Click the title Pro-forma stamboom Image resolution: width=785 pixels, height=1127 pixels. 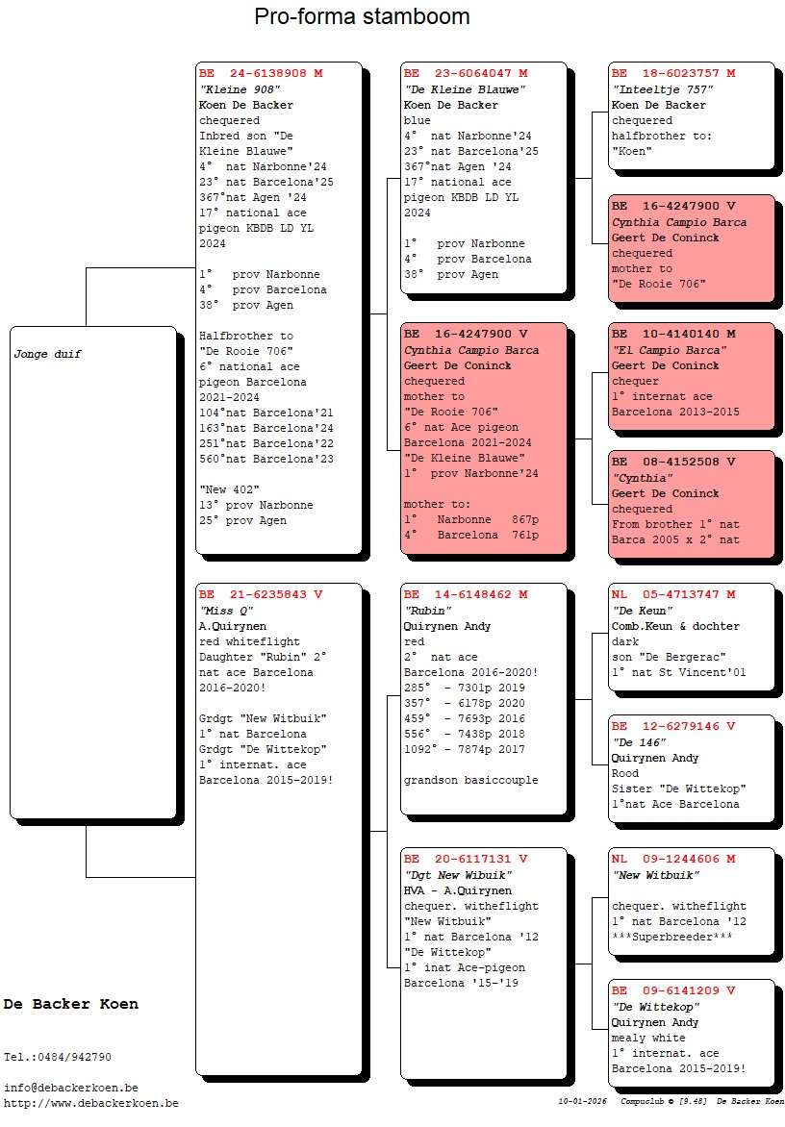tap(362, 16)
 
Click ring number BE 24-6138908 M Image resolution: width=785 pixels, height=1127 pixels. tap(261, 73)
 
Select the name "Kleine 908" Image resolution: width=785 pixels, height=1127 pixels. tap(240, 89)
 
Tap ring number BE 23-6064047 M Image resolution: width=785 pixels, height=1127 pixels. tap(466, 73)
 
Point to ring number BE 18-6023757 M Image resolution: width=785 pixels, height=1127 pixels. tap(673, 73)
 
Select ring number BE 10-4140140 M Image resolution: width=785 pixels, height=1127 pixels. tap(673, 334)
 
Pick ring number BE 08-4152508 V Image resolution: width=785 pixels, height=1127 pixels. tap(673, 462)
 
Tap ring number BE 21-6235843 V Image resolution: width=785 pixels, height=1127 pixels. tap(261, 594)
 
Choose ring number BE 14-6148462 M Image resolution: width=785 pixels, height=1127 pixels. tap(466, 594)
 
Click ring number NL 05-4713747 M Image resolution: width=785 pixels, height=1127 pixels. tap(673, 594)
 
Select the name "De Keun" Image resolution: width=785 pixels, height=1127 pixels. tap(643, 611)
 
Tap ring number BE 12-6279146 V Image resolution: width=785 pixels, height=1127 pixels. tap(673, 726)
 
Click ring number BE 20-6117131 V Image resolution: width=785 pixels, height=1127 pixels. tap(466, 859)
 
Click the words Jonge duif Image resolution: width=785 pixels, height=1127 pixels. tap(47, 354)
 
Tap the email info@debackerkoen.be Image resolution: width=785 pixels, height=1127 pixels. tap(70, 1088)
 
